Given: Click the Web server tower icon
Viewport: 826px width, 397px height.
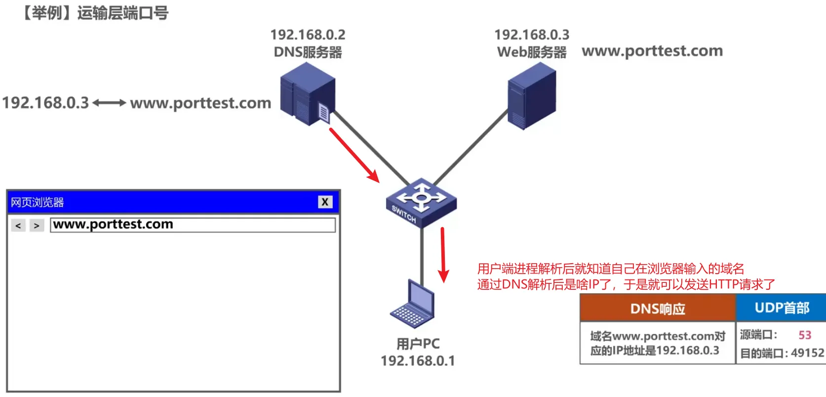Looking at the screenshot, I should [x=532, y=96].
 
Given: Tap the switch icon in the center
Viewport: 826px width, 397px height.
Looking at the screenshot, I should [x=421, y=202].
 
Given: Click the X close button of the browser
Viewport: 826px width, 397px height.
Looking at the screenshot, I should [x=325, y=202].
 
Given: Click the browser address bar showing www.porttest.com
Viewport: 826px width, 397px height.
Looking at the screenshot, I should [x=193, y=225].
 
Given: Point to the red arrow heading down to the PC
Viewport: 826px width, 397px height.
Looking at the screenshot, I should [x=443, y=254].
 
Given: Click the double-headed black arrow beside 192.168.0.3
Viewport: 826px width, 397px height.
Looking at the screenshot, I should [x=109, y=103].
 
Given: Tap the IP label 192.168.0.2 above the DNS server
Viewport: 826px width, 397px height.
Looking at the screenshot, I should [x=308, y=35].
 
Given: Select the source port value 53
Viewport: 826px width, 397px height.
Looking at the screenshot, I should [x=805, y=335].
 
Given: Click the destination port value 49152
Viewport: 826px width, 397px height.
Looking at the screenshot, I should [x=807, y=353].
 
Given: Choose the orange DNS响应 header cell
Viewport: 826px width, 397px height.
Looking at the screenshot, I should [x=658, y=309].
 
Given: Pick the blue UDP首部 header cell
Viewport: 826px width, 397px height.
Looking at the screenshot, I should [x=782, y=308].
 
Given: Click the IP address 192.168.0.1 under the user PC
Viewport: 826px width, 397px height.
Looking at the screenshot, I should [x=418, y=361].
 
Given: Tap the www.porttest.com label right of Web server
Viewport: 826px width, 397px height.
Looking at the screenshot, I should [x=652, y=51].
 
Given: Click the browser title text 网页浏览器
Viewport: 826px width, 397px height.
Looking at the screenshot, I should [x=38, y=202].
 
